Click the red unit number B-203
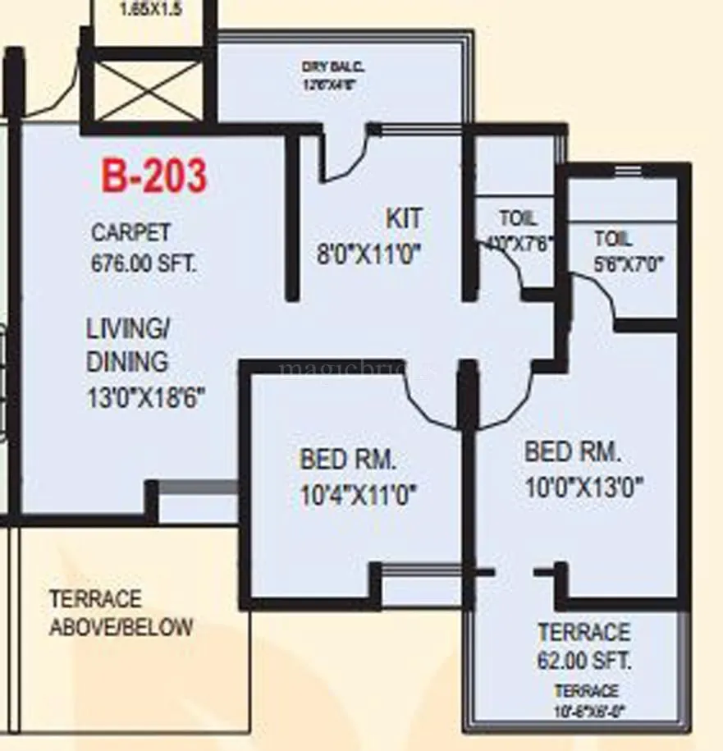pos(154,176)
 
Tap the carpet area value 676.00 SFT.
pos(144,264)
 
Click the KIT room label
pos(404,218)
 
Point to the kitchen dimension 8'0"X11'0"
pos(369,254)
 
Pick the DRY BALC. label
pos(332,66)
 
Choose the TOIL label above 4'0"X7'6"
pos(518,218)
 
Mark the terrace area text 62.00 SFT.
pos(584,661)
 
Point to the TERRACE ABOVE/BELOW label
pos(121,613)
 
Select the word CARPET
pos(131,232)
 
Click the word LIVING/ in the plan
pos(128,328)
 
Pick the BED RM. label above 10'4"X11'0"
pos(348,459)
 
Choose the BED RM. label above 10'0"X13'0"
pos(573,451)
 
